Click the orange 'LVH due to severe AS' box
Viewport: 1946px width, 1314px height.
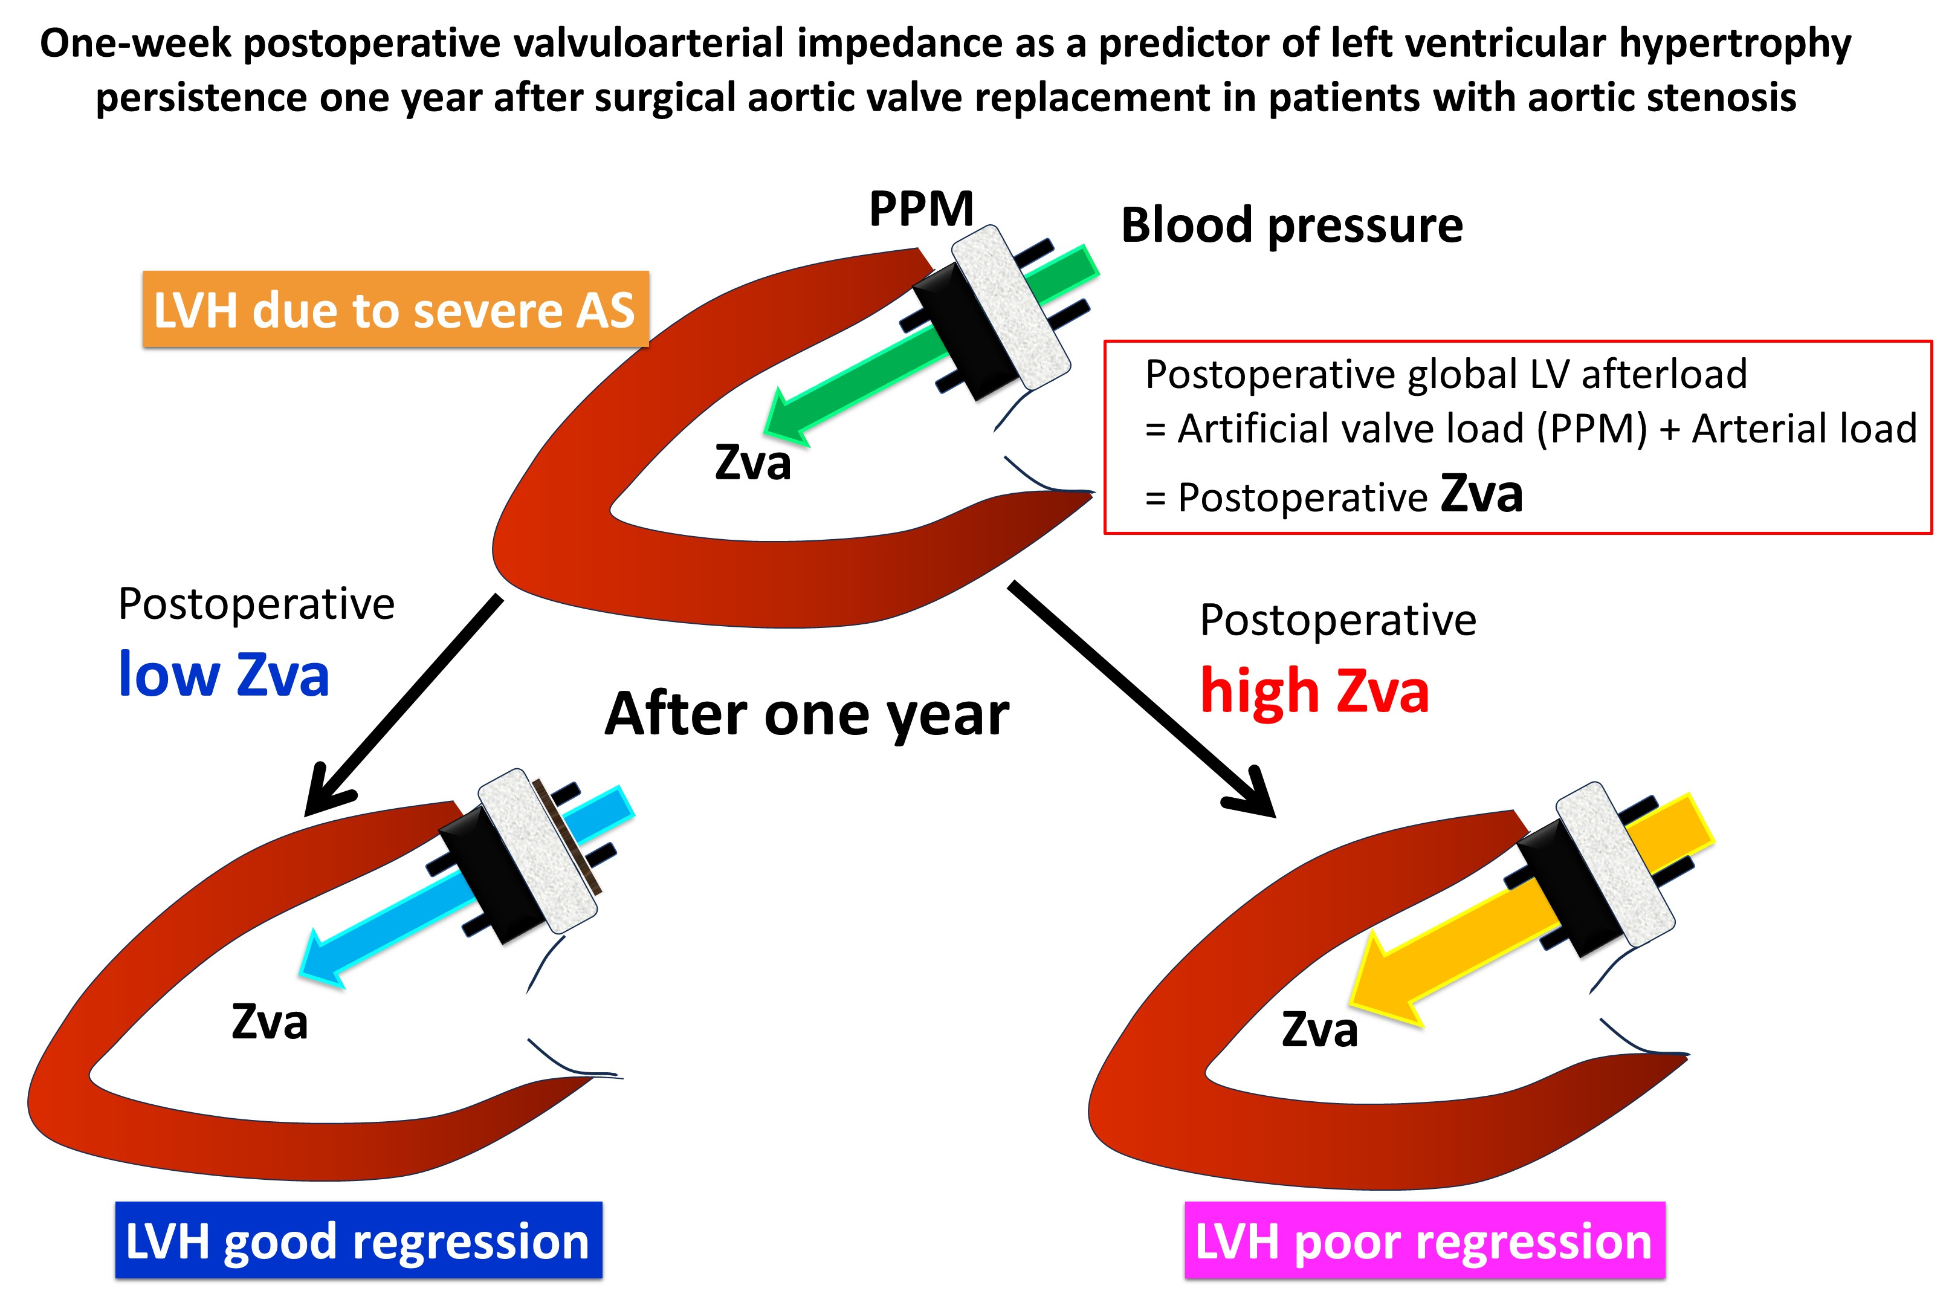pos(395,309)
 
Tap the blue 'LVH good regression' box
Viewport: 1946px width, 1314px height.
pos(358,1240)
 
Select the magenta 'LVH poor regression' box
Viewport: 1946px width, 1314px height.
pos(1424,1240)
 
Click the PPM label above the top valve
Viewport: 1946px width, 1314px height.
pos(921,208)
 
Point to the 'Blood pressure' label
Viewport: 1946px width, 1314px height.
pos(1292,225)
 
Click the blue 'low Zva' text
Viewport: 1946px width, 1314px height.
pos(224,675)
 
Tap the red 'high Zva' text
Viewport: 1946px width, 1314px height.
pos(1314,692)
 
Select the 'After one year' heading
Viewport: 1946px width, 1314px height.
pos(806,714)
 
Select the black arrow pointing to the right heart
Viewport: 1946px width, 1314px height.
pos(1142,699)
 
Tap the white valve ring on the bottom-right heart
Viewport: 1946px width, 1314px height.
pos(1615,864)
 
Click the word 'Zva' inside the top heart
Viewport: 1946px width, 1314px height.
pos(753,463)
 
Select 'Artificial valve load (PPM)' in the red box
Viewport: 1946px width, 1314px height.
pos(1412,429)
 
